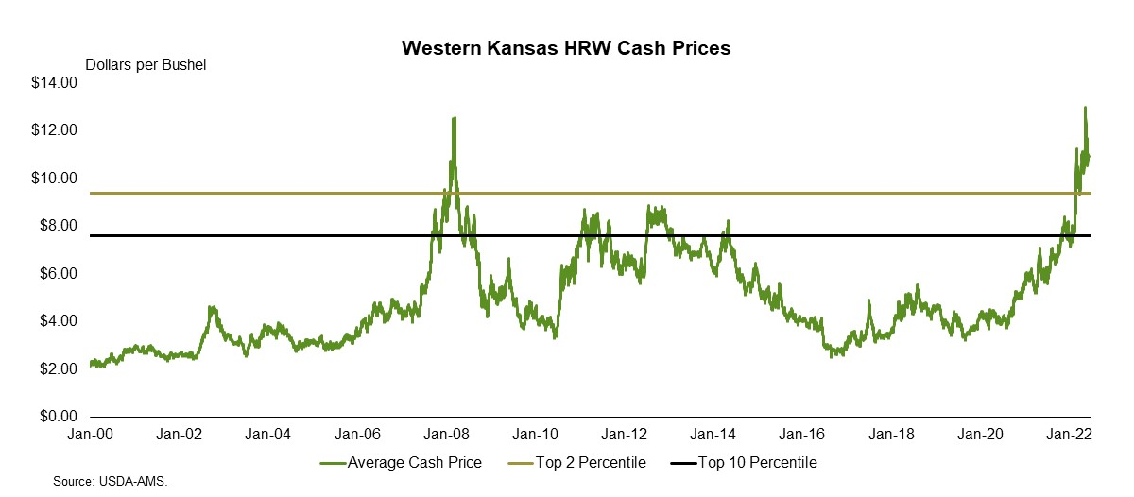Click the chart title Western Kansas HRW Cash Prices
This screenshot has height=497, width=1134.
coord(566,48)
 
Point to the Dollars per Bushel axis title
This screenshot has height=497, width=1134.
coord(146,65)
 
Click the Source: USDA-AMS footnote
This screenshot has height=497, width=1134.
coord(115,482)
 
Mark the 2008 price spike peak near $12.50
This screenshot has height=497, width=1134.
coord(455,118)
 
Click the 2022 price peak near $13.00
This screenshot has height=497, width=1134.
coord(1085,108)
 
